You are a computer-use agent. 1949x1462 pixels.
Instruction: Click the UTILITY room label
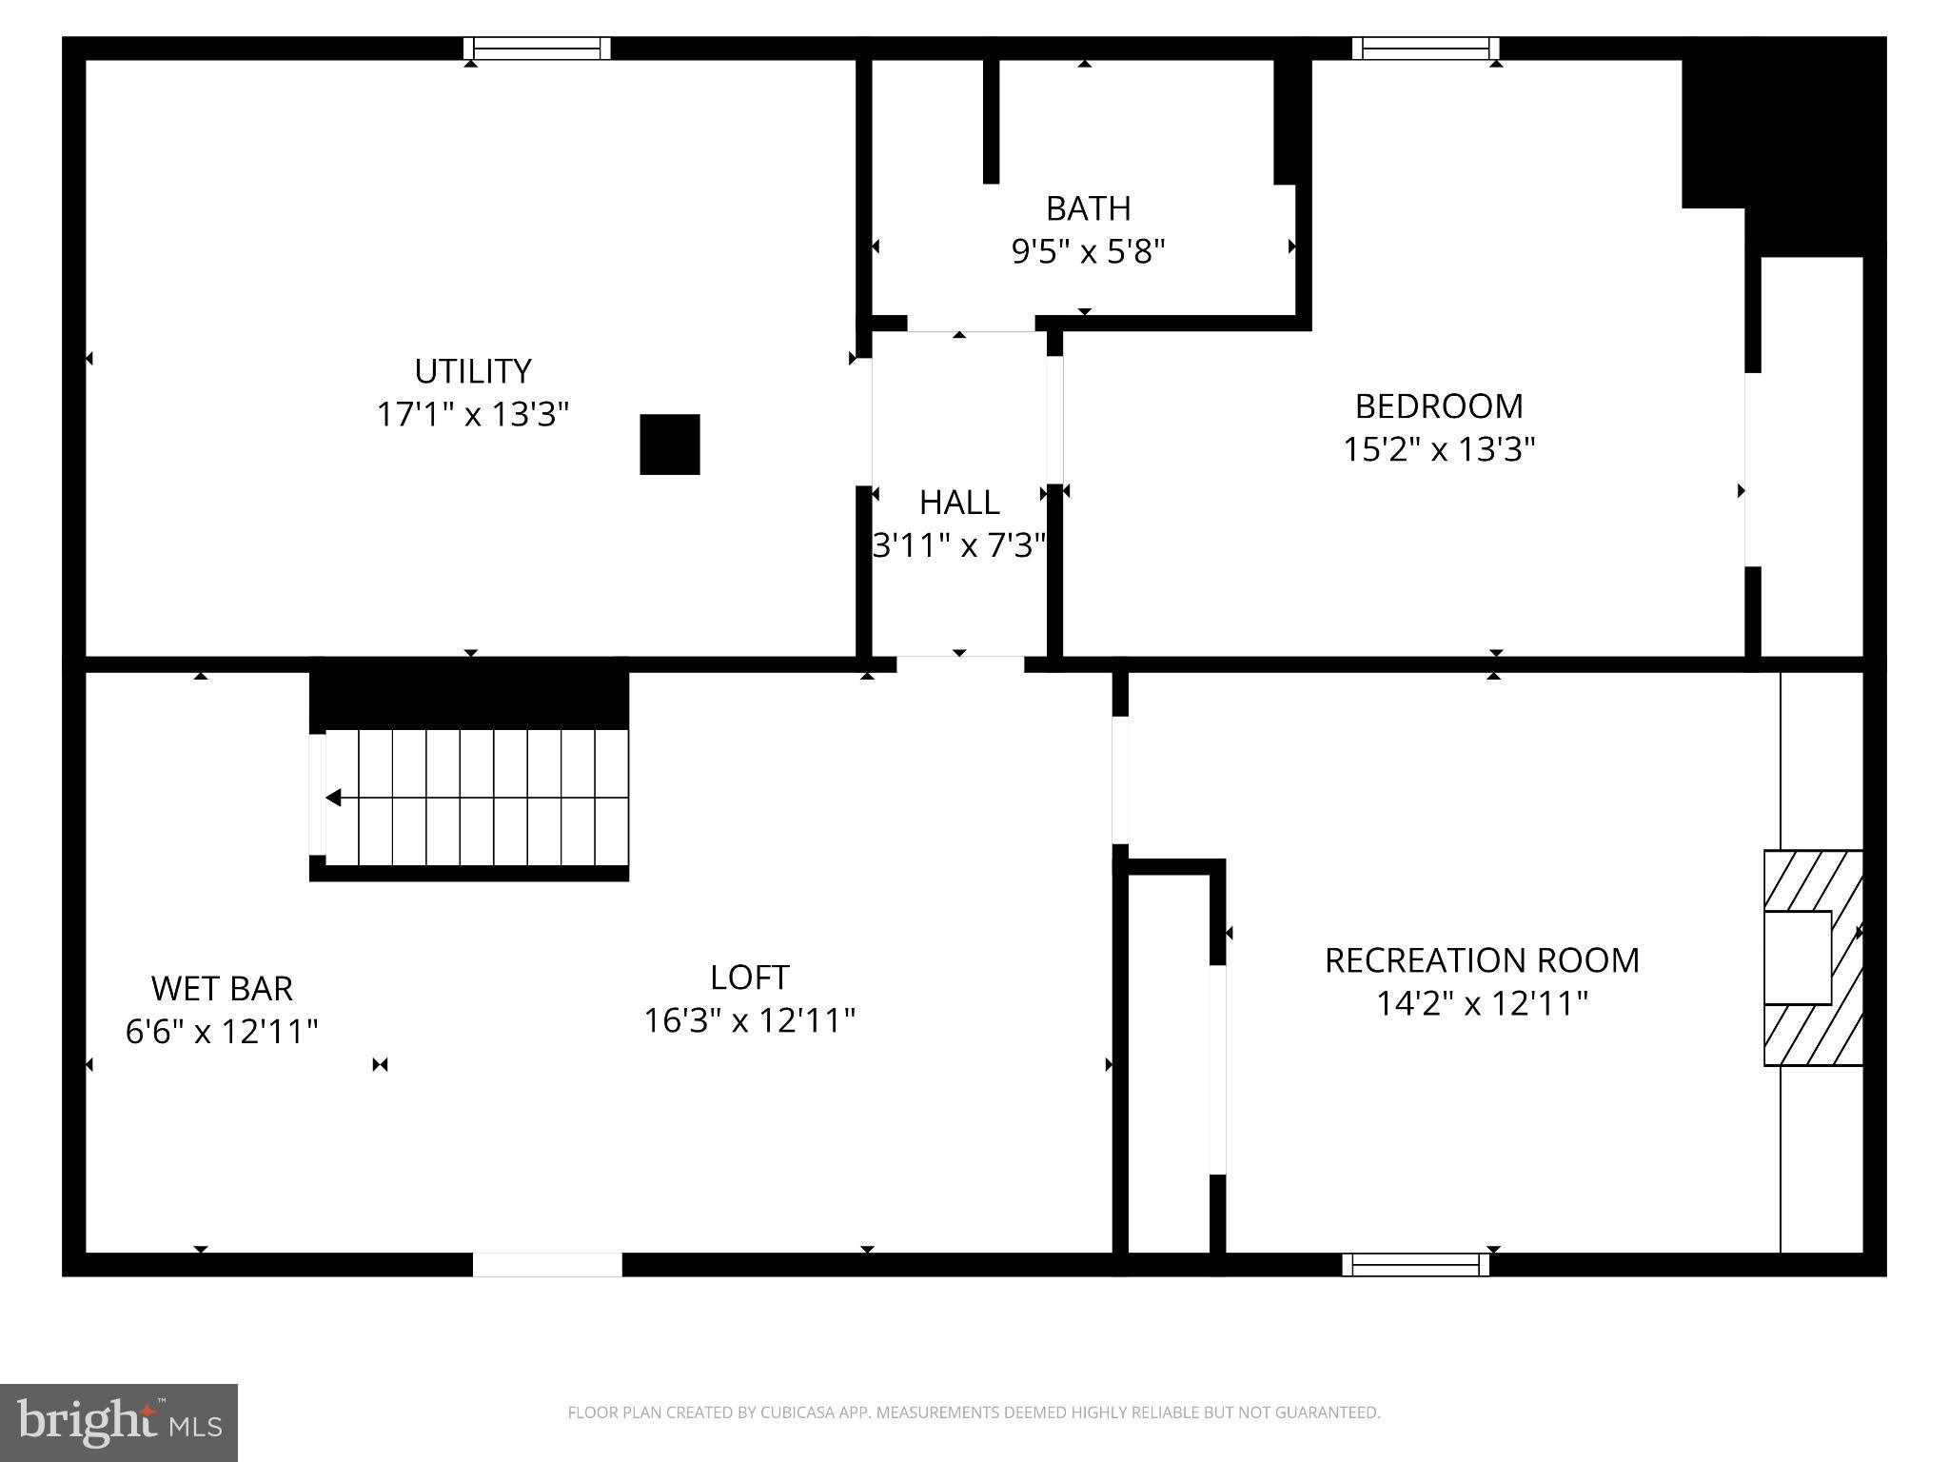472,370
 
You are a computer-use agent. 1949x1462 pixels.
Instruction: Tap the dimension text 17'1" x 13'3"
472,414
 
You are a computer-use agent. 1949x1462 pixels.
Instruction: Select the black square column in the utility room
670,445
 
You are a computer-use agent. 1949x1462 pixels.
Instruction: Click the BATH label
1088,207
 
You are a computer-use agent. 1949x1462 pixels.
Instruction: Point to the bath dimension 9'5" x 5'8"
1088,251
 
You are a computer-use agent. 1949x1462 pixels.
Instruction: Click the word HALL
958,502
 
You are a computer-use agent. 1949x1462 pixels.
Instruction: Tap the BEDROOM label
1438,405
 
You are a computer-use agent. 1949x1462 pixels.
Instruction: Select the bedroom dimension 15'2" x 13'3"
1438,449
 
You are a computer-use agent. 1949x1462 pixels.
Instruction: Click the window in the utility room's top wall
538,49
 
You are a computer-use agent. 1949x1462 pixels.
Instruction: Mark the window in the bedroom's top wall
1425,49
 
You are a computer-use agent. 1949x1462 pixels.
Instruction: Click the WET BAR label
222,988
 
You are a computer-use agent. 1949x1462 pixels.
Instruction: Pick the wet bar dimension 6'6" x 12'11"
222,1031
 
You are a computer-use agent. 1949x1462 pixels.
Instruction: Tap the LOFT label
749,977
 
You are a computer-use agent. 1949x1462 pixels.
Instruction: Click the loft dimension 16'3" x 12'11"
749,1020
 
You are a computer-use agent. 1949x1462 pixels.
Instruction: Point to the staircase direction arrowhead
333,798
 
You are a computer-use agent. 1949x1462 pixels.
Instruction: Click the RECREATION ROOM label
1482,959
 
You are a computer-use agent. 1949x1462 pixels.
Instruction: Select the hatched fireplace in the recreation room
1813,958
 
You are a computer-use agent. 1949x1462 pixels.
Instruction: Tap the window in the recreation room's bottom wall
1415,1264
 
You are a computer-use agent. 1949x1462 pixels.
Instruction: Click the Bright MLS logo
119,1422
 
